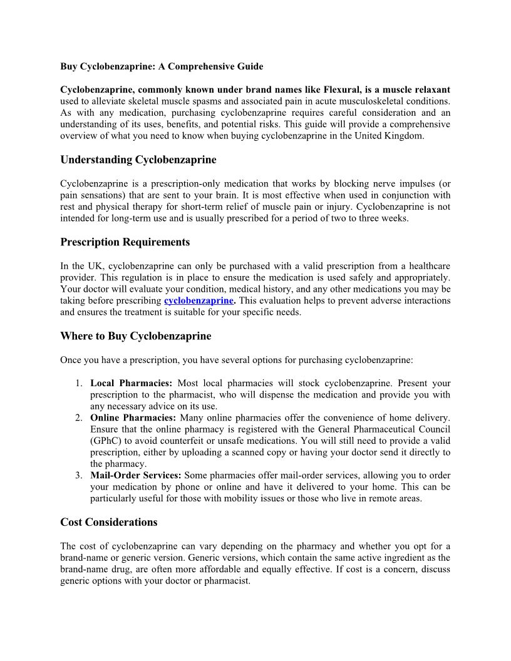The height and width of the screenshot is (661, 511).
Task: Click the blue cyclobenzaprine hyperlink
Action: click(x=199, y=300)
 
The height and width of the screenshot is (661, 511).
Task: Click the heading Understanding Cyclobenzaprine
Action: click(x=138, y=160)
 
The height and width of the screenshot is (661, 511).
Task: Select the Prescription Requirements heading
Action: click(x=125, y=242)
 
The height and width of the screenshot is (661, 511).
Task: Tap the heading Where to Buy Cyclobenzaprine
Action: click(x=135, y=336)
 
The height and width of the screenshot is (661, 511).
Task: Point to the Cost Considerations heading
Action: click(x=108, y=522)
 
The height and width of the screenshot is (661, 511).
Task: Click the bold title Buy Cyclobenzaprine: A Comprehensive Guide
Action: click(x=162, y=66)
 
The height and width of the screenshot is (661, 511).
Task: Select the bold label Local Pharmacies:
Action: click(x=131, y=383)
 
